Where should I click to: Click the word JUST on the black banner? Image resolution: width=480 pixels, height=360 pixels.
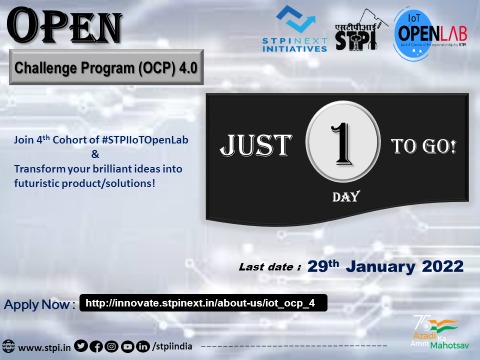tap(253, 147)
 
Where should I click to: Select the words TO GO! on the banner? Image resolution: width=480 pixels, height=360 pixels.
tap(423, 147)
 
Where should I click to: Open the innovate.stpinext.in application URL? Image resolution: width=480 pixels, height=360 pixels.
tap(205, 302)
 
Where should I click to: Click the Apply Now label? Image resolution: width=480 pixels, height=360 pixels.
tap(39, 303)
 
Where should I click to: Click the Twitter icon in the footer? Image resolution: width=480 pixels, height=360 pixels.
tap(80, 347)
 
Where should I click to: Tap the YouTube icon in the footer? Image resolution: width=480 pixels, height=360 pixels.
tap(126, 347)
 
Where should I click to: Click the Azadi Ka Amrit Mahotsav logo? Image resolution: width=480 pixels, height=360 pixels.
tap(433, 336)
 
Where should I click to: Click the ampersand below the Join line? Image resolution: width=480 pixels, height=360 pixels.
tap(96, 155)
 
